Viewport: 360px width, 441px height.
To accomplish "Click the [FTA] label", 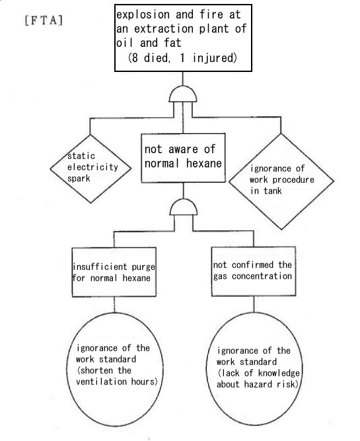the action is coord(44,20).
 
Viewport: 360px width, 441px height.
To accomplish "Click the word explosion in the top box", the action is coord(143,15).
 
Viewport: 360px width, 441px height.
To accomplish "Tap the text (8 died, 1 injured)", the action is coord(182,58).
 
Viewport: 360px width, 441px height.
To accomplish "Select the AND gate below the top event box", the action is coord(183,94).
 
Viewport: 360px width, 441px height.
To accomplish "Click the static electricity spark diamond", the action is coord(90,168).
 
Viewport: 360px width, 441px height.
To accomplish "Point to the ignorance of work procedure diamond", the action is coord(281,181).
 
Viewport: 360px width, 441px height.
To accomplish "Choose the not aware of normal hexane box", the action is coord(183,158).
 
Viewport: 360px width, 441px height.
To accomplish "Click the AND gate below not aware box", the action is coord(184,207).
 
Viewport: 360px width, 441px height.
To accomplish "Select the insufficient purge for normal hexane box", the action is coord(114,272).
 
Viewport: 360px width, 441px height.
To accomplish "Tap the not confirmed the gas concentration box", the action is coord(254,271).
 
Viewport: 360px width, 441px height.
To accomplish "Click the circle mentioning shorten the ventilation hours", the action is coord(115,369).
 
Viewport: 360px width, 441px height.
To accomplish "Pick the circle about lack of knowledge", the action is coord(254,368).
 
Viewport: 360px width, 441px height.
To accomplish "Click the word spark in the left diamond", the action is coord(79,179).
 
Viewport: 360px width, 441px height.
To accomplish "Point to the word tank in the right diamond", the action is coord(272,191).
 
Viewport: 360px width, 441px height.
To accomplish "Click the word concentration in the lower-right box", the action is coord(262,276).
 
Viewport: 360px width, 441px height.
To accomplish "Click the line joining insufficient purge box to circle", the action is coord(114,304).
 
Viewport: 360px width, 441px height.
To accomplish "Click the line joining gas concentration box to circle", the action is coord(254,304).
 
